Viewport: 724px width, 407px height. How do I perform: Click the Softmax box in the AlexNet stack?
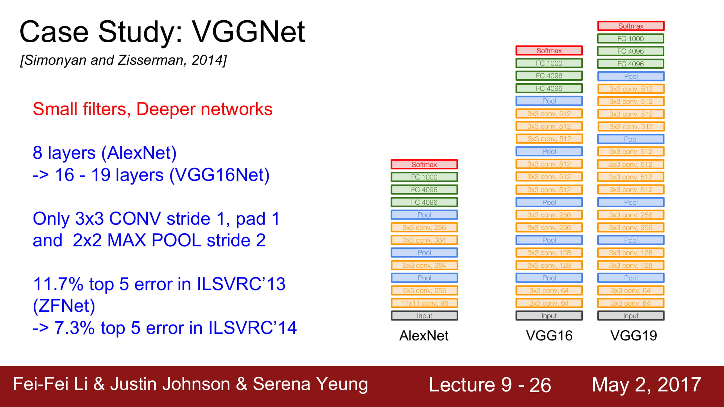pyautogui.click(x=424, y=164)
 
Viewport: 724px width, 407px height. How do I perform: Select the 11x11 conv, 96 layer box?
pyautogui.click(x=424, y=303)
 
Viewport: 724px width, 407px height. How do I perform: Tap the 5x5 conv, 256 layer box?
pyautogui.click(x=424, y=291)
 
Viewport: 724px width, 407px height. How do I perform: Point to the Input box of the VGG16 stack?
pyautogui.click(x=549, y=316)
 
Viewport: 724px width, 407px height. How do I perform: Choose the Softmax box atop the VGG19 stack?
pyautogui.click(x=631, y=26)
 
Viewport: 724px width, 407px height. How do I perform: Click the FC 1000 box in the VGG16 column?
pyautogui.click(x=549, y=63)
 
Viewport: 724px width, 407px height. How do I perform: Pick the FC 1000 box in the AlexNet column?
pyautogui.click(x=424, y=177)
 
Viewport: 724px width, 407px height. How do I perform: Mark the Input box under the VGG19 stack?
pyautogui.click(x=631, y=316)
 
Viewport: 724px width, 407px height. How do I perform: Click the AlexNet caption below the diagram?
pyautogui.click(x=424, y=336)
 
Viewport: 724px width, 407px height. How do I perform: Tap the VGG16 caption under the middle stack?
pyautogui.click(x=549, y=336)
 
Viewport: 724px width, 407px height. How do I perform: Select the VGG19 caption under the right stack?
pyautogui.click(x=633, y=336)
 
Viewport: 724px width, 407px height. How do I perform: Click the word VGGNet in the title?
pyautogui.click(x=248, y=32)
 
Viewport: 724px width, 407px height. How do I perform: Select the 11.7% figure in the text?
pyautogui.click(x=58, y=284)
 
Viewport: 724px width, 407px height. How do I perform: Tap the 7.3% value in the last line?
pyautogui.click(x=74, y=328)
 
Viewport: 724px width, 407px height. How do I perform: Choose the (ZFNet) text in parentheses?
pyautogui.click(x=64, y=306)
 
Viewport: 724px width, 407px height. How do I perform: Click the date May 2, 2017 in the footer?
pyautogui.click(x=647, y=384)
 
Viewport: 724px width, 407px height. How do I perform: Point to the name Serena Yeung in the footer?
pyautogui.click(x=310, y=384)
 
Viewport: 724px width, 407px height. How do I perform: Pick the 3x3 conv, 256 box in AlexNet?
pyautogui.click(x=424, y=228)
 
